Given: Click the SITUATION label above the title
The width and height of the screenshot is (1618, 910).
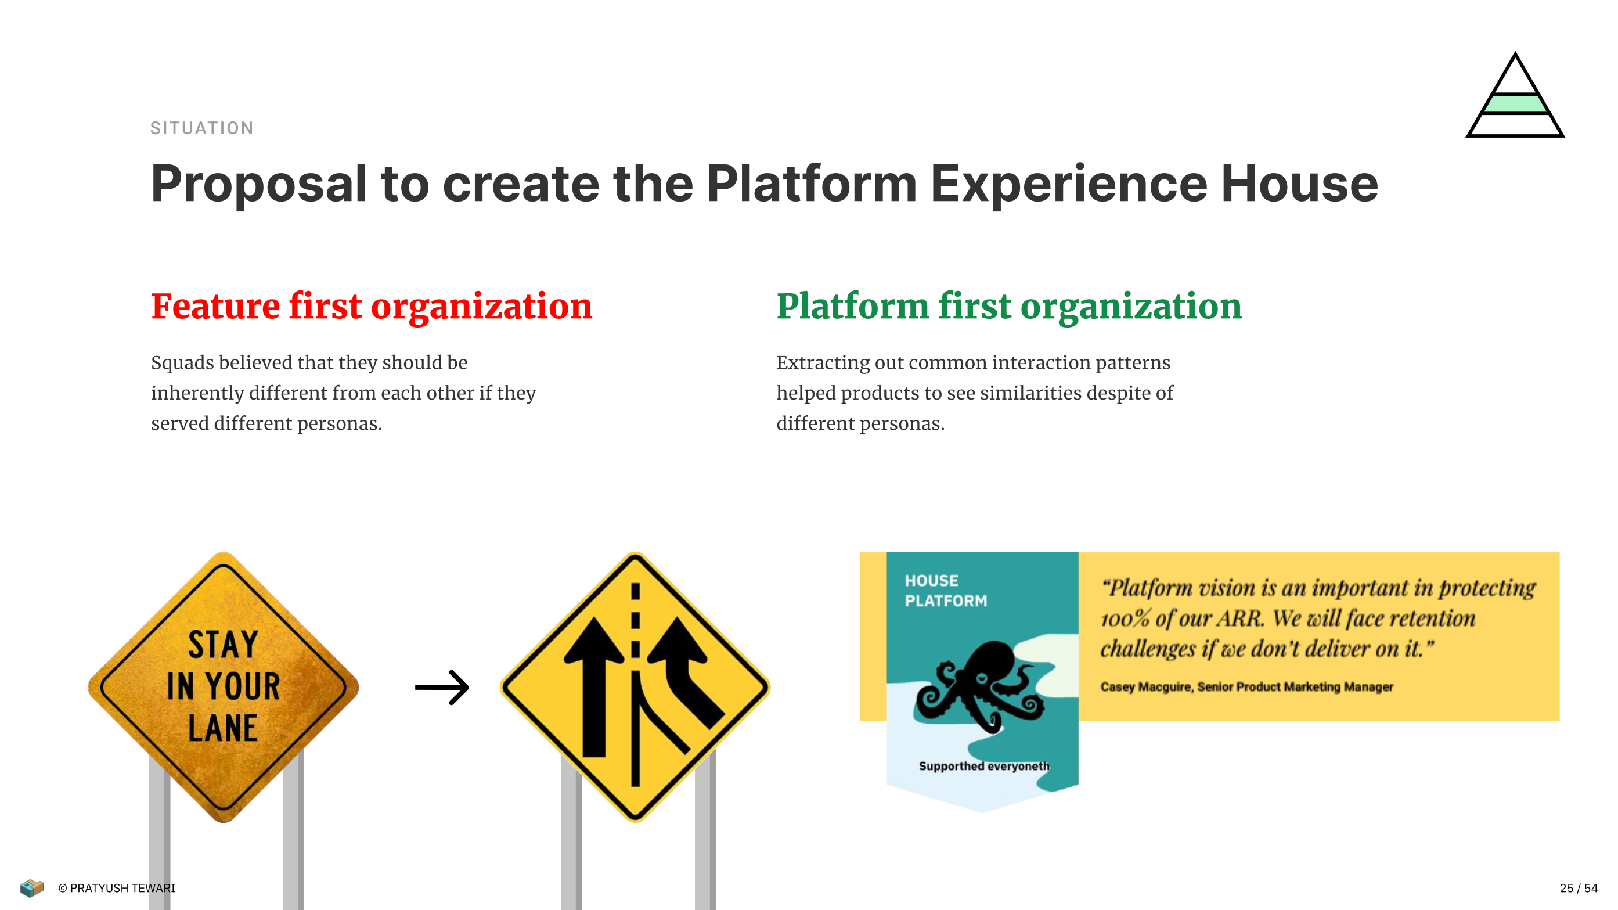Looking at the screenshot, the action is tap(201, 128).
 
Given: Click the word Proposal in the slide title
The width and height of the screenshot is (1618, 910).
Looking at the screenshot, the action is tap(259, 185).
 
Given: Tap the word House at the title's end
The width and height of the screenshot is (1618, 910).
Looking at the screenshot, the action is tap(1299, 184).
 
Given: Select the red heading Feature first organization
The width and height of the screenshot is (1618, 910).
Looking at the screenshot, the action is tap(372, 307).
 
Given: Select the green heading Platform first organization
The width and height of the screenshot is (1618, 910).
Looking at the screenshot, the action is tap(1010, 307).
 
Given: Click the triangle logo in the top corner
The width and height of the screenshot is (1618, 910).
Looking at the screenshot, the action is tap(1515, 95).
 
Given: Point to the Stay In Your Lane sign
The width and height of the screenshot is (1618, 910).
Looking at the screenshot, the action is tap(224, 687).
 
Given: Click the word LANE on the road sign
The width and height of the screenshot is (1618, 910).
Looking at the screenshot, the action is tap(223, 728).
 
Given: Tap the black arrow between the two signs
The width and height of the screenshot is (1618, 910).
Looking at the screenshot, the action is tap(442, 688).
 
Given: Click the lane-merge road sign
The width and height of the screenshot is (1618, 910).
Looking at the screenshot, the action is tap(635, 687).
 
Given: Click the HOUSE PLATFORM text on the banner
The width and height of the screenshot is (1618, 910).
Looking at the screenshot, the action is tap(945, 591).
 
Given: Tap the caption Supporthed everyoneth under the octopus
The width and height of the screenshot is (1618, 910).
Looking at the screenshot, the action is tap(983, 766).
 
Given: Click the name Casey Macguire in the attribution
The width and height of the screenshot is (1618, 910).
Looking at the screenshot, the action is tap(1145, 687).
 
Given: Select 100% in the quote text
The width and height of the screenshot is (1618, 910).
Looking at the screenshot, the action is tap(1125, 619).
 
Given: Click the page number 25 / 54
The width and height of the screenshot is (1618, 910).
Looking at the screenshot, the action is tap(1579, 888).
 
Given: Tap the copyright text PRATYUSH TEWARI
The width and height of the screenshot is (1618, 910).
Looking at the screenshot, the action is tap(122, 888).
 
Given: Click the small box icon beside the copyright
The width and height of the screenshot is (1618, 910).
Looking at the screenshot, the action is tap(31, 888).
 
